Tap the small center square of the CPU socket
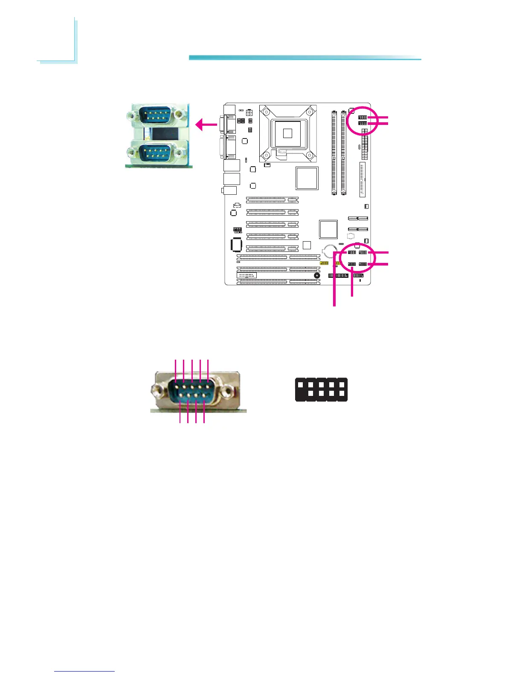pos(287,133)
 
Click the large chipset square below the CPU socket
pos(307,178)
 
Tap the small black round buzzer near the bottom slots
pos(317,276)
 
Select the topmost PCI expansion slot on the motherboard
pos(272,199)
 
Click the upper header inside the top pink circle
pos(362,117)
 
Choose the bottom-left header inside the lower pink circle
pos(352,264)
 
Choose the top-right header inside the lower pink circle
pos(363,253)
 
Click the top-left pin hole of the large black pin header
pos(301,384)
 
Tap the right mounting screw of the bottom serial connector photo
pos(230,390)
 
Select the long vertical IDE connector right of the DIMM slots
pos(362,179)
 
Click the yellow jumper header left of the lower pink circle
pos(324,263)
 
